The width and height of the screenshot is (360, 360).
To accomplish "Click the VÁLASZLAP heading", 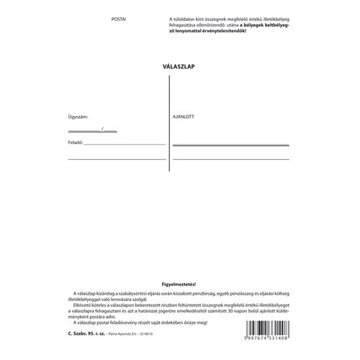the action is tap(180, 66).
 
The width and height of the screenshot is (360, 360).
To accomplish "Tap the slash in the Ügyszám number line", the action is tap(103, 129).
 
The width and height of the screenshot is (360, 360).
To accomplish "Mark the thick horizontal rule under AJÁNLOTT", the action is tap(230, 145).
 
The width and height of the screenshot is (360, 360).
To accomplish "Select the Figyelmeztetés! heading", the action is tap(180, 286).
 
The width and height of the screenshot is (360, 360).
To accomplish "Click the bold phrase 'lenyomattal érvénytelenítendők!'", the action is tap(210, 32).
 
